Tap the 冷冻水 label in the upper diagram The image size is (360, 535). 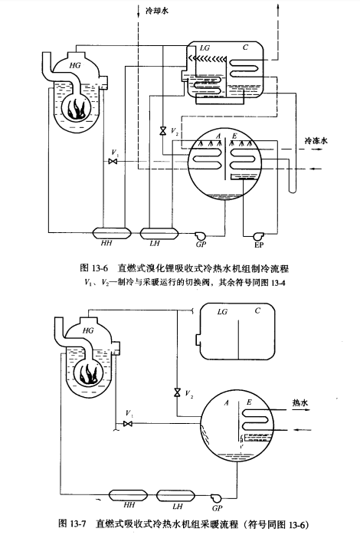click(x=316, y=140)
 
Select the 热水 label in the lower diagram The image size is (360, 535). click(x=300, y=402)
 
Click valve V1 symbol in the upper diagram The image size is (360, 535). click(x=113, y=161)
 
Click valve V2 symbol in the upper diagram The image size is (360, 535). click(x=163, y=131)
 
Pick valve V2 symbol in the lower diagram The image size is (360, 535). click(x=177, y=392)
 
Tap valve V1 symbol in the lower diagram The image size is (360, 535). click(x=128, y=423)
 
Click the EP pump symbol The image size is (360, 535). click(x=257, y=236)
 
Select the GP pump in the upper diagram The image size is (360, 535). click(x=200, y=235)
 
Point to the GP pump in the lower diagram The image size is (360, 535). click(x=215, y=497)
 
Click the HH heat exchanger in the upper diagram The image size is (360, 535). click(x=112, y=233)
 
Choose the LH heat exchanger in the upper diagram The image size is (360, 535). click(x=159, y=233)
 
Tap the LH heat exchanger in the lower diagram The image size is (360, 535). click(x=175, y=495)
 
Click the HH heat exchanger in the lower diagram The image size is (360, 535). click(x=128, y=495)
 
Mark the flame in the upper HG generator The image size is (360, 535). click(x=77, y=109)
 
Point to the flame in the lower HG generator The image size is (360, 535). click(x=90, y=373)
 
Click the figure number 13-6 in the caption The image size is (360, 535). click(x=100, y=268)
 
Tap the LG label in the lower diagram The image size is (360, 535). click(x=222, y=311)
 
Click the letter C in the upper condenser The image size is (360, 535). click(x=245, y=48)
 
